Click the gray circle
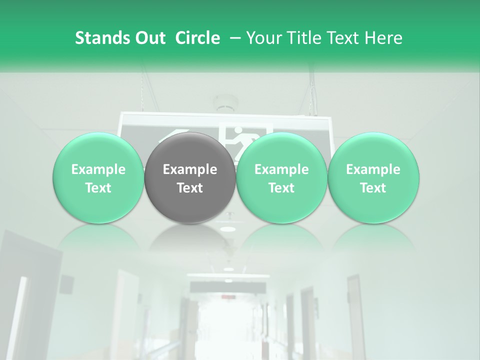click(x=189, y=177)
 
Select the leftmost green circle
click(x=98, y=177)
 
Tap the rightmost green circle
click(x=373, y=177)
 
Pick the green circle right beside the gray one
click(x=281, y=177)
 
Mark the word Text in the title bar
click(x=343, y=38)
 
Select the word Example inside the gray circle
click(x=189, y=169)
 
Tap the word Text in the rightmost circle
click(x=373, y=188)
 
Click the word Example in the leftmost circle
click(x=98, y=169)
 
